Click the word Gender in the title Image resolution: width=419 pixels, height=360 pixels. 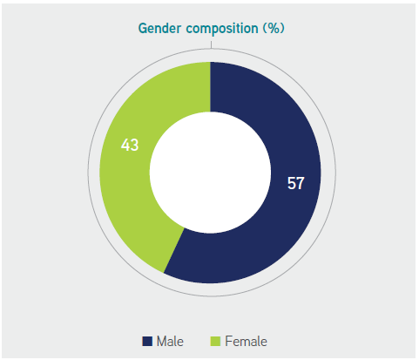[x=159, y=28]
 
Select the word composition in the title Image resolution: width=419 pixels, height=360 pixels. [x=222, y=29]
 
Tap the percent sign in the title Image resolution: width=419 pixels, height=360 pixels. [x=274, y=28]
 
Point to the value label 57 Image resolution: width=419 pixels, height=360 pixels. [x=295, y=183]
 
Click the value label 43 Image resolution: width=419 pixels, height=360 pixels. [x=130, y=145]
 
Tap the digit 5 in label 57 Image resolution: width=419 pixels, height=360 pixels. [x=291, y=183]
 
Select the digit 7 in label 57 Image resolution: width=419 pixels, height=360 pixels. [x=301, y=183]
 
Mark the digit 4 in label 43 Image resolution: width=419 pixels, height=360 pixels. [x=125, y=145]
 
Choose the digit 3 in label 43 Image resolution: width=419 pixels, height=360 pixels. [x=135, y=145]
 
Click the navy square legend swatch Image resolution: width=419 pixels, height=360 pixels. [x=147, y=341]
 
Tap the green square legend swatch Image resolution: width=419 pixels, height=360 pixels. [x=215, y=341]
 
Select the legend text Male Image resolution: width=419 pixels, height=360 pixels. [x=170, y=341]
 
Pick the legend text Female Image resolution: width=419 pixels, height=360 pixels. [x=246, y=341]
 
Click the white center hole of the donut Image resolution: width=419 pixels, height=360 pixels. [x=210, y=173]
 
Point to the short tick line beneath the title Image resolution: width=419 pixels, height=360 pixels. [x=211, y=44]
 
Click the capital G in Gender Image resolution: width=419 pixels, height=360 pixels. [x=143, y=28]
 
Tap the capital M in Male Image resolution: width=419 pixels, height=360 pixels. [x=162, y=342]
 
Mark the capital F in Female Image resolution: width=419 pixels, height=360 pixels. [x=229, y=342]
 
